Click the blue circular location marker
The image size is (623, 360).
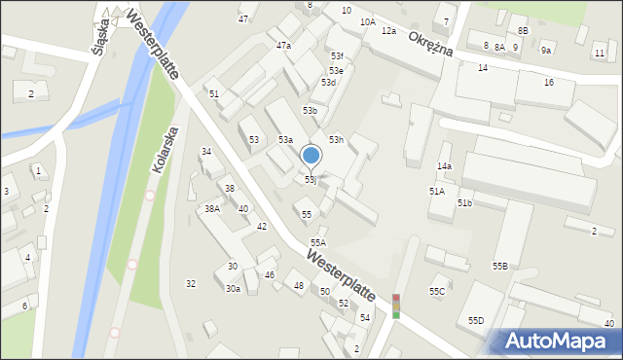coord(311,155)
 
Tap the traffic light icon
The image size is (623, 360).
coord(396,305)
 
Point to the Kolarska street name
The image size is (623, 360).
coord(165,149)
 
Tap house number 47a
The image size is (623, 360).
coord(283,46)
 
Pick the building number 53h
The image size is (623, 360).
coord(336,141)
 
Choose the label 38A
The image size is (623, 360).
coord(211,209)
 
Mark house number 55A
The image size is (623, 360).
coord(317,242)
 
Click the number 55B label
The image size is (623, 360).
coord(499,266)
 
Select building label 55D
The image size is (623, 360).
coord(476,320)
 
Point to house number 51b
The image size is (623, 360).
coord(464,203)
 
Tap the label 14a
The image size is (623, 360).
coord(444,166)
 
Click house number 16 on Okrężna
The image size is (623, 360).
coord(549,83)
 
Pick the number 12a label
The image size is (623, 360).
coord(388,31)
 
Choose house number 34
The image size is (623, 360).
coord(206,152)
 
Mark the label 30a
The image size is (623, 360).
coord(233,289)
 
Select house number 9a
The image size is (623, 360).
coord(546,51)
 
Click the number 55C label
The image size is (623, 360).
coord(437,291)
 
